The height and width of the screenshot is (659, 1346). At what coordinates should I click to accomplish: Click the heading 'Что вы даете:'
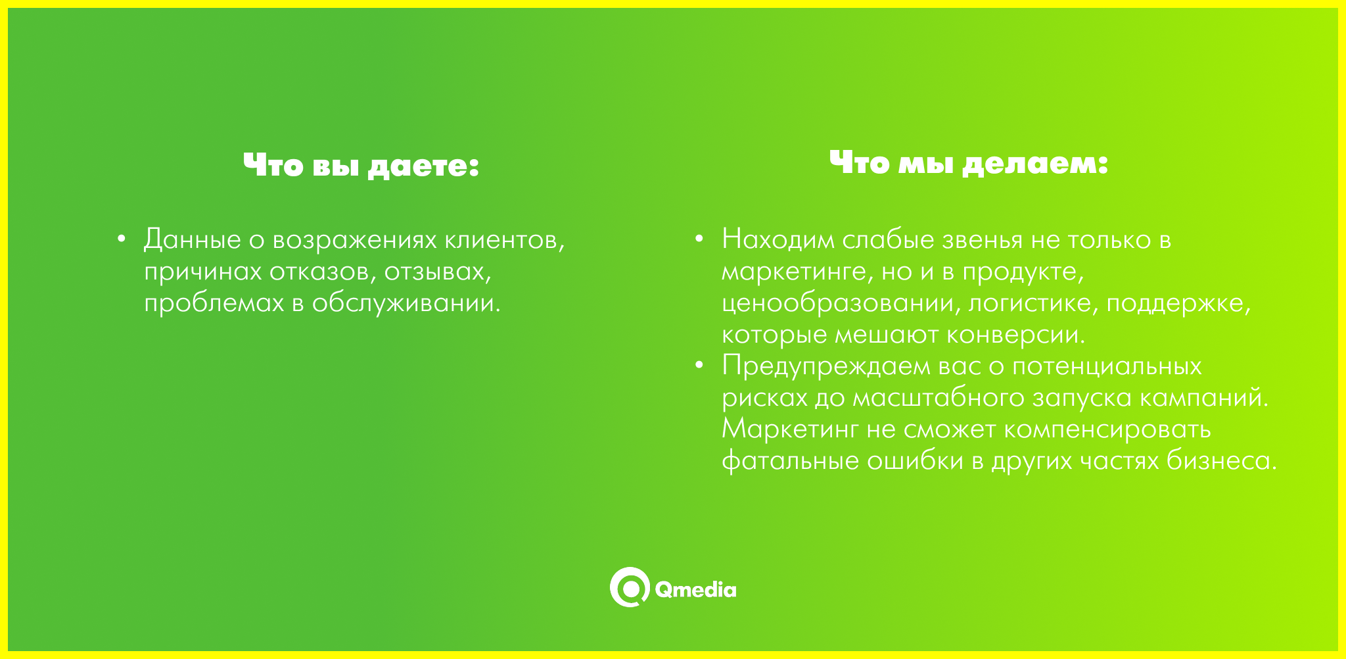point(361,165)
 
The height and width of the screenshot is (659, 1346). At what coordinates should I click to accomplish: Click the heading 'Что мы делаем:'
point(969,162)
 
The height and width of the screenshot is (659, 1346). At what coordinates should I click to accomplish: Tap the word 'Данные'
point(193,240)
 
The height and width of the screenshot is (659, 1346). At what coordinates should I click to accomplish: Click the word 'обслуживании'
point(406,303)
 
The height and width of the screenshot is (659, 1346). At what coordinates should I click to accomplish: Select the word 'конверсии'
point(1015,335)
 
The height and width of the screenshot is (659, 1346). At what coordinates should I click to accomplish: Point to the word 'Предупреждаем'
point(826,367)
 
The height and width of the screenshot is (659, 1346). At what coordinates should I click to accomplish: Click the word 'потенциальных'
point(1107,367)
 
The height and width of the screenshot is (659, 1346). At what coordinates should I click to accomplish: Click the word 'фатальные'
point(791,461)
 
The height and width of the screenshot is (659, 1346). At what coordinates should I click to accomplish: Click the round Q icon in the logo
point(630,587)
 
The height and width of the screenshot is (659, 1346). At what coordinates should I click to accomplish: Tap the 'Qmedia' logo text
point(695,589)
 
